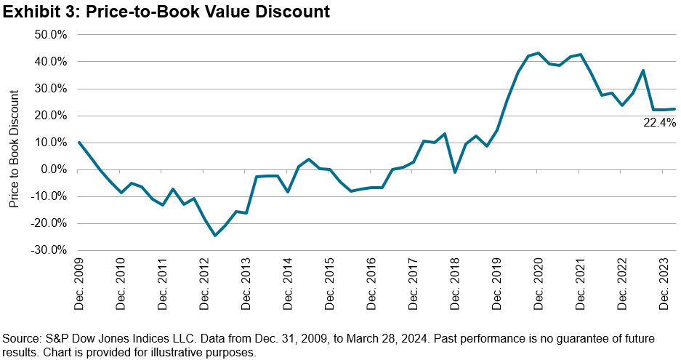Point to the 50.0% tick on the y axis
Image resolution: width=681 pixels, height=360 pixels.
point(49,35)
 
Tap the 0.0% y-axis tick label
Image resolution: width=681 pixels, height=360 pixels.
point(52,169)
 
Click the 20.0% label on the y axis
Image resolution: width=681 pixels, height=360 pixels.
point(49,116)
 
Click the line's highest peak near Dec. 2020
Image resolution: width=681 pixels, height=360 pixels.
point(539,53)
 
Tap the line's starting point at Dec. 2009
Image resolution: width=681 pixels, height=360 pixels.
point(78,143)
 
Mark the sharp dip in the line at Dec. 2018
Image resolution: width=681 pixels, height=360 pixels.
point(455,172)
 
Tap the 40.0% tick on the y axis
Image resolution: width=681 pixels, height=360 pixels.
point(49,62)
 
